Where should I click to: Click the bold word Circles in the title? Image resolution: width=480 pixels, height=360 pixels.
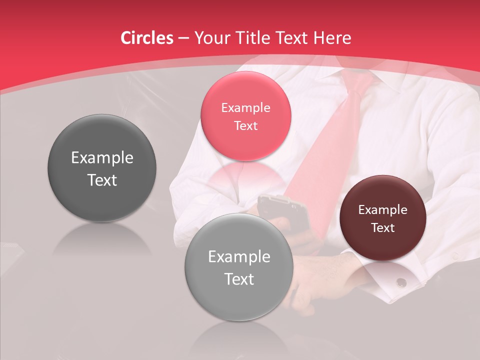click(x=147, y=38)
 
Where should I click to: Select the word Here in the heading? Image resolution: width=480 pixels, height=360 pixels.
click(x=332, y=38)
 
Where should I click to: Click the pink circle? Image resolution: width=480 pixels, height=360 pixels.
click(x=245, y=115)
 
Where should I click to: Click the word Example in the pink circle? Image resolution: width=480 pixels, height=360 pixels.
click(x=245, y=107)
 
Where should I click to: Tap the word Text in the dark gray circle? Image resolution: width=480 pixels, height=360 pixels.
click(x=102, y=180)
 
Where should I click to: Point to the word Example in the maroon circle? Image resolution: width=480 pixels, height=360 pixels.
click(x=383, y=210)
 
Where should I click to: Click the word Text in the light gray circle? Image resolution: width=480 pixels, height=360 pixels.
click(x=239, y=279)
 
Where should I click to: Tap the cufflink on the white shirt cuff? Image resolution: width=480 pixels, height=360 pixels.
click(x=401, y=282)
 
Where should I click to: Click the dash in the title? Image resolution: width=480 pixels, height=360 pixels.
click(x=183, y=38)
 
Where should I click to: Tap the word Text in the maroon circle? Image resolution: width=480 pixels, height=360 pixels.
click(x=383, y=228)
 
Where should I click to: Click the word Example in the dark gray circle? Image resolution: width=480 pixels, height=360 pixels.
click(x=102, y=158)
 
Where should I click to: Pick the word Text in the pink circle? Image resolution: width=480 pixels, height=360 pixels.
click(x=245, y=125)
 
